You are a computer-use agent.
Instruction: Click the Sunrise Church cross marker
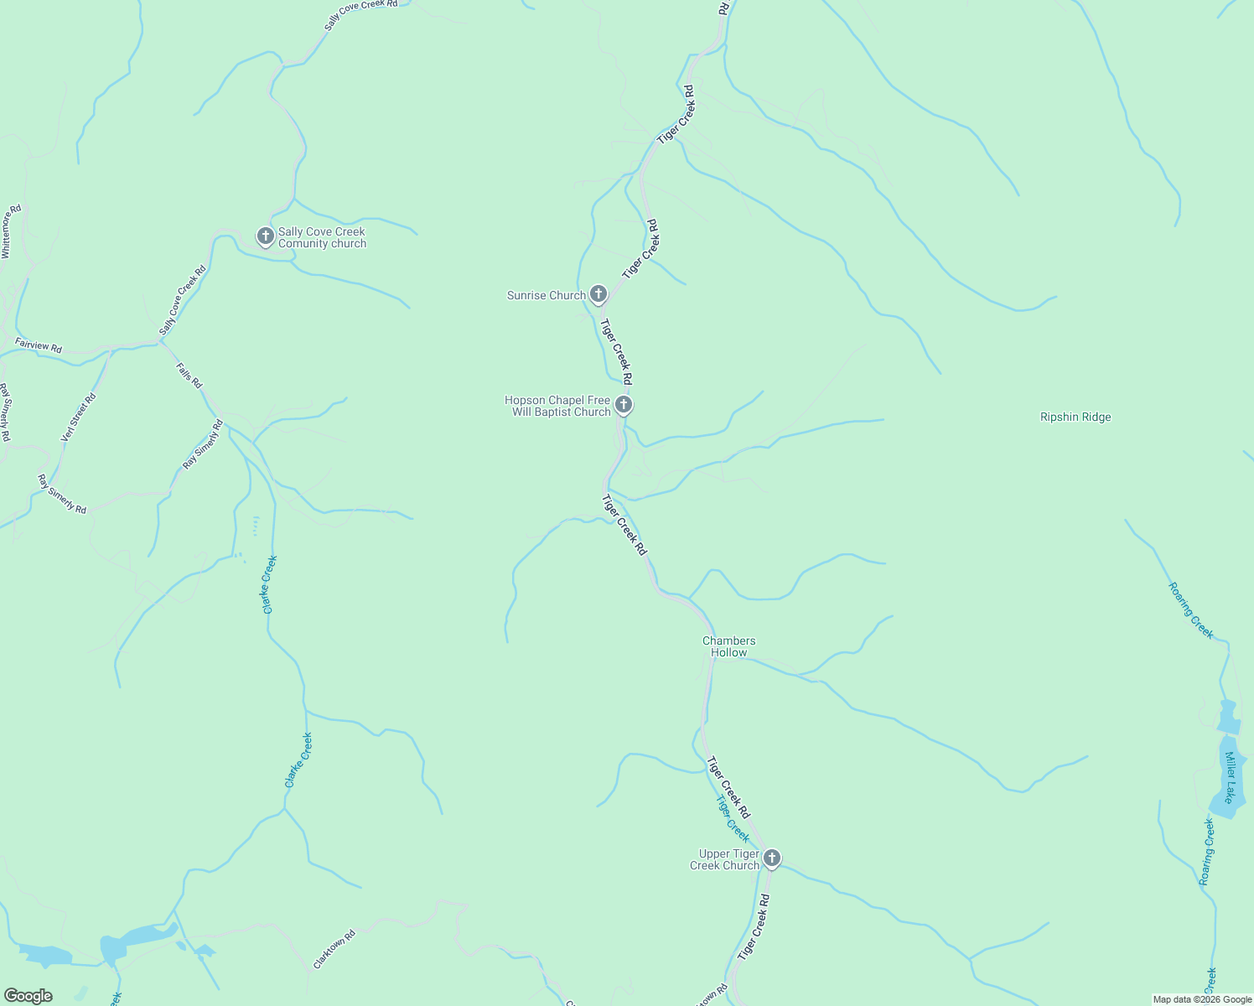click(x=598, y=293)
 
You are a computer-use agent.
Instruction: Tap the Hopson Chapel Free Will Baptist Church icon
click(x=623, y=405)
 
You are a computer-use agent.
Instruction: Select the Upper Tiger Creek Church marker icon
click(x=772, y=858)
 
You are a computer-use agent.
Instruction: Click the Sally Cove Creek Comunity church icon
click(x=266, y=236)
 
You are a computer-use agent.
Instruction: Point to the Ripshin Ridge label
click(x=1075, y=417)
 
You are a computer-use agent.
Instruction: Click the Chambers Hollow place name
click(x=728, y=646)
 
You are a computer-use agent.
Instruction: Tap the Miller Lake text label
click(x=1230, y=777)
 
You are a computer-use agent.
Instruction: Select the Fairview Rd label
click(x=39, y=345)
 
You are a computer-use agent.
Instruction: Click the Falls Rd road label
click(x=189, y=375)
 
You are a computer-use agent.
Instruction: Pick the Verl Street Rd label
click(x=79, y=417)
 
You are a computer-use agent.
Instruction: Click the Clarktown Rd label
click(x=334, y=949)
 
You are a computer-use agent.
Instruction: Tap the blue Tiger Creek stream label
click(x=733, y=818)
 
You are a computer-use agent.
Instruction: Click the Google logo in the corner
click(x=28, y=996)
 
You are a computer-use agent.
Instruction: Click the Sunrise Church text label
click(x=546, y=295)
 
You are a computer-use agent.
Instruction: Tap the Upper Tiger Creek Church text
click(x=724, y=859)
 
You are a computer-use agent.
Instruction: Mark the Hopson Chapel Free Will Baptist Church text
click(x=557, y=406)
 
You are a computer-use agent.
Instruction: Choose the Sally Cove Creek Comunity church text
click(x=322, y=237)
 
